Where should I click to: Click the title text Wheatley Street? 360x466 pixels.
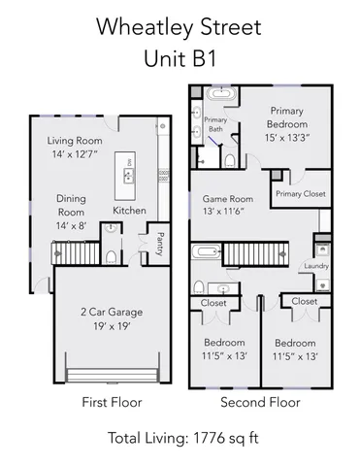[x=180, y=27]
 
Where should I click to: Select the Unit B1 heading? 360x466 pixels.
[x=180, y=59]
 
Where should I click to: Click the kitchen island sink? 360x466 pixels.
[x=127, y=175]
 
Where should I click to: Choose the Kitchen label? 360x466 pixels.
[x=130, y=210]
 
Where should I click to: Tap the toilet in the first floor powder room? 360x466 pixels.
[x=112, y=256]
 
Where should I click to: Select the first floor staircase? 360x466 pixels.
[x=70, y=254]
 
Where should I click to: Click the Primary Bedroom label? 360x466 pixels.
[x=288, y=117]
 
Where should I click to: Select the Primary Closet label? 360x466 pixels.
[x=300, y=194]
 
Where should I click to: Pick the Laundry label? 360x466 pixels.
[x=316, y=265]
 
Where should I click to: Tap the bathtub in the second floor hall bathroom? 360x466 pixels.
[x=207, y=253]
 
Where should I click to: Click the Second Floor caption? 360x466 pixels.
[x=260, y=402]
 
